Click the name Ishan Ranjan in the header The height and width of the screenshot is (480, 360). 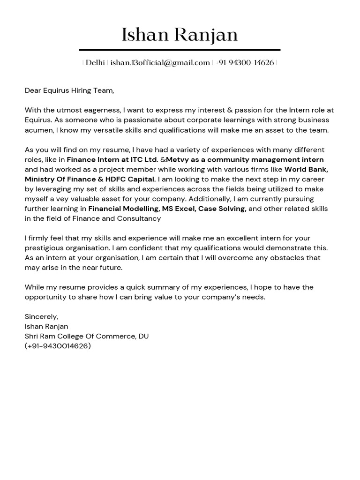[x=180, y=35]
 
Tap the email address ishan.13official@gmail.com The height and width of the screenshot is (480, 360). [x=160, y=63]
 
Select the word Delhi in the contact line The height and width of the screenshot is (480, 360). [x=95, y=63]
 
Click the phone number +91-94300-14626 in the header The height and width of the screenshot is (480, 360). [x=245, y=63]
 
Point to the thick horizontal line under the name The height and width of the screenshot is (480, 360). [x=180, y=50]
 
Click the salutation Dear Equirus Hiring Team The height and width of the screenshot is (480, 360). [x=69, y=90]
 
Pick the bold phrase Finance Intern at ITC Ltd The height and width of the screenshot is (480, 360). [x=112, y=159]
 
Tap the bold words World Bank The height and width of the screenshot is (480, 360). [x=306, y=169]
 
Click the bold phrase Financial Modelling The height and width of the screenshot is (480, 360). [x=123, y=209]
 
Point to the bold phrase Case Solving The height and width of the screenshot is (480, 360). [x=222, y=209]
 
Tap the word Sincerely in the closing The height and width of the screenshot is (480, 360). [x=41, y=316]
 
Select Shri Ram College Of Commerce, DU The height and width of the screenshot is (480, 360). [x=87, y=336]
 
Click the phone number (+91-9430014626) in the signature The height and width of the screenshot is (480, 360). [x=58, y=346]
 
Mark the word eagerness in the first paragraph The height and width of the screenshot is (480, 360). [x=99, y=110]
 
